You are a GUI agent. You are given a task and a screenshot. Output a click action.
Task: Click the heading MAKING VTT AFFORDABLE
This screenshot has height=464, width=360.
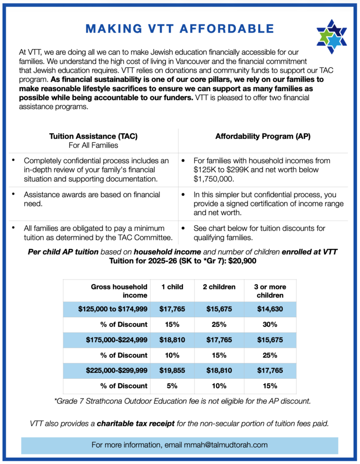(x=180, y=29)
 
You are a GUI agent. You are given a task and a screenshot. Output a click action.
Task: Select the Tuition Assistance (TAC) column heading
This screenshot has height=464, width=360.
(x=92, y=136)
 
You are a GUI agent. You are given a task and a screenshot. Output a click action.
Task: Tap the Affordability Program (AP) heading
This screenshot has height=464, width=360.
(x=263, y=136)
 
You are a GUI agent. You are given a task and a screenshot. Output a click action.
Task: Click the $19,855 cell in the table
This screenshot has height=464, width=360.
(x=172, y=371)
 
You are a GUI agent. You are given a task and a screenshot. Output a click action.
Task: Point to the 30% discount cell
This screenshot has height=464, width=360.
(x=270, y=324)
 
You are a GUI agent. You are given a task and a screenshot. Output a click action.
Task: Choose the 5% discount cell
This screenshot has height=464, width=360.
(x=172, y=386)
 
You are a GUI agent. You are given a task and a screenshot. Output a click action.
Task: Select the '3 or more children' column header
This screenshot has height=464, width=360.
(x=270, y=291)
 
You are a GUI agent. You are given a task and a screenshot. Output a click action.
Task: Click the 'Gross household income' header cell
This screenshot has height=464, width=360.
(x=119, y=291)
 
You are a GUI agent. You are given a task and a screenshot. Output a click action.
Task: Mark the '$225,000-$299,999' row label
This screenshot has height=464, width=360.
(x=117, y=371)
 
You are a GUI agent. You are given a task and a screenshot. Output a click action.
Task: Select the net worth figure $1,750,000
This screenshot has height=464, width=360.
(x=214, y=179)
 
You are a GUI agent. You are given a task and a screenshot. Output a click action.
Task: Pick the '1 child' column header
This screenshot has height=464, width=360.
(x=172, y=287)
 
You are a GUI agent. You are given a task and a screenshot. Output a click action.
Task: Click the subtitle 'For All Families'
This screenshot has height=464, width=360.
(x=92, y=145)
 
